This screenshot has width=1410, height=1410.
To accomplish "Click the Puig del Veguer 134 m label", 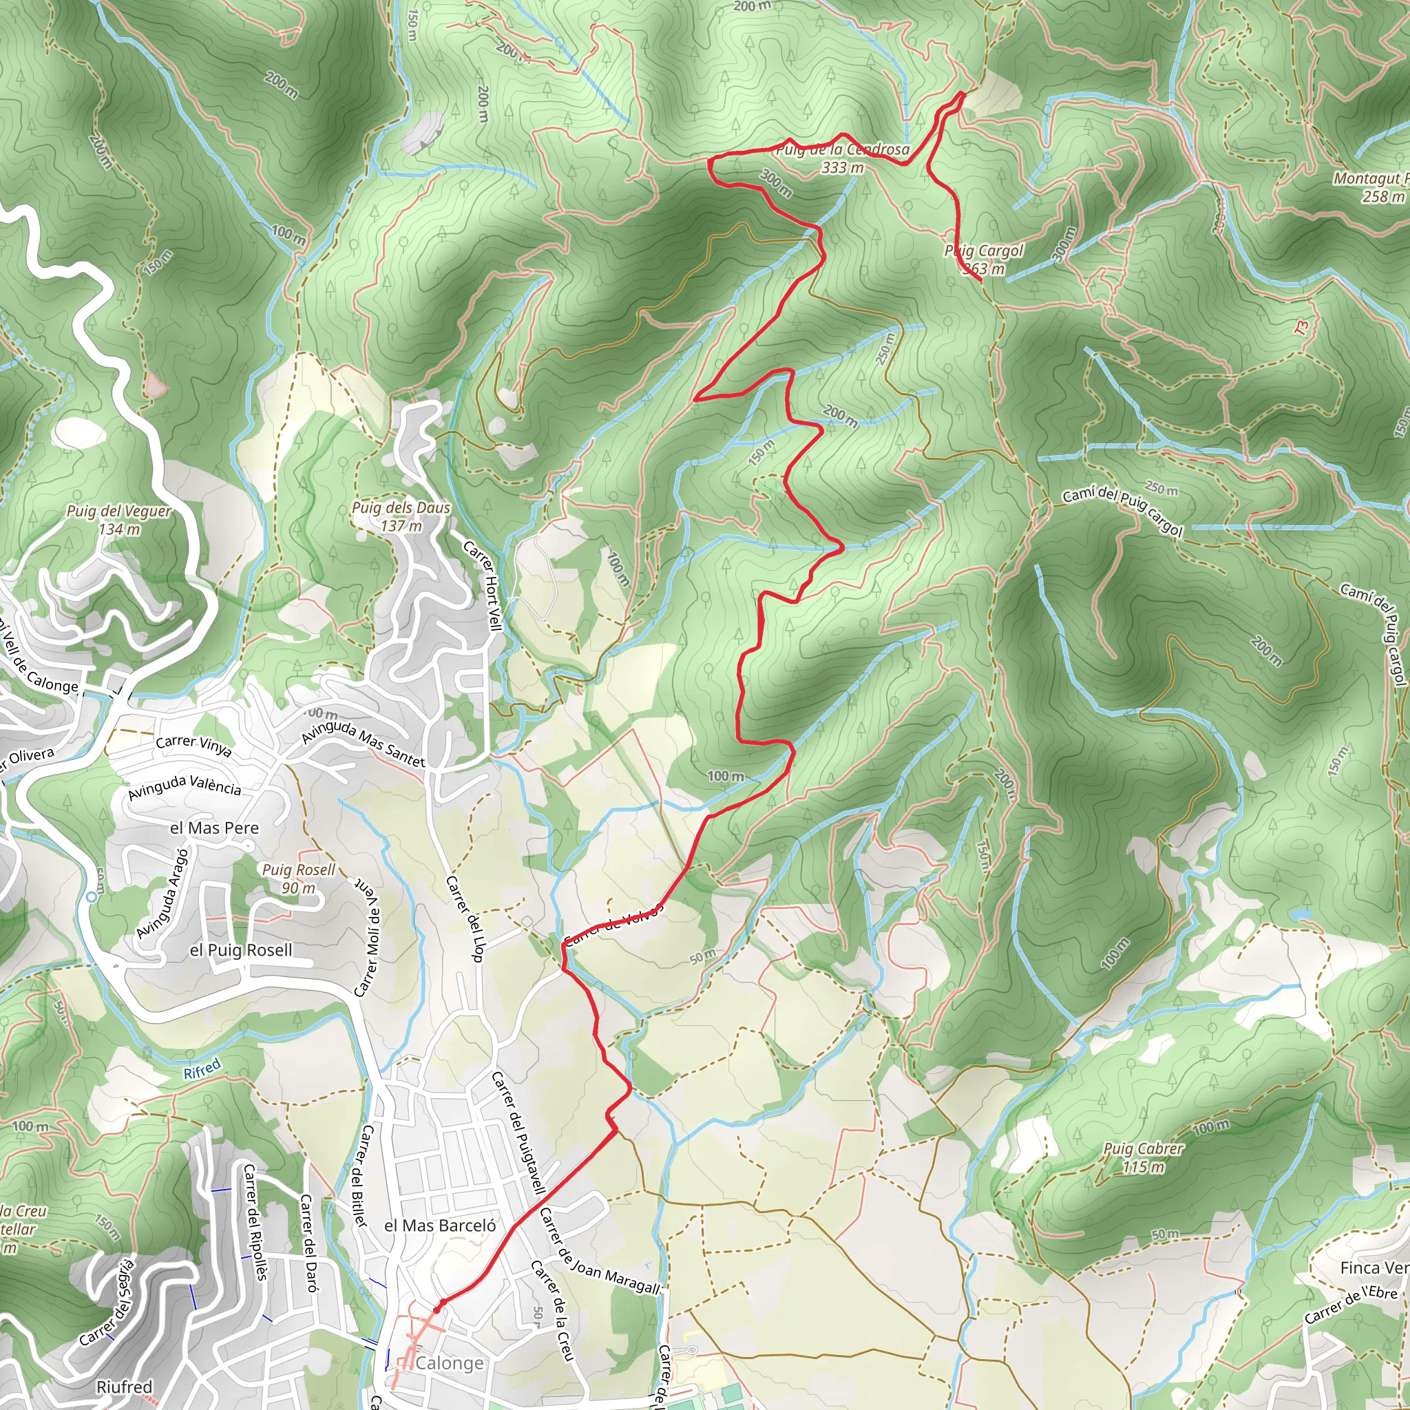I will [x=118, y=520].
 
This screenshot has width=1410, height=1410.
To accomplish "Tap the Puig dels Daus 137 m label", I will [x=401, y=516].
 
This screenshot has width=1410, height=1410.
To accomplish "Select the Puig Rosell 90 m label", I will [x=299, y=878].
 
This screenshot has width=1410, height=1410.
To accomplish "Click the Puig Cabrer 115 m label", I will [x=1143, y=1157].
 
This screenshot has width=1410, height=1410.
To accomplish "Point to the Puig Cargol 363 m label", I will [x=984, y=260].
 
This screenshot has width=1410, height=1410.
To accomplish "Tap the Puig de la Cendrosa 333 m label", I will [x=842, y=158].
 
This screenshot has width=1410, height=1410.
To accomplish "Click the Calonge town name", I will [x=450, y=1363].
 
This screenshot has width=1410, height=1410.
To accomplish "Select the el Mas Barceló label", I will [x=440, y=1225].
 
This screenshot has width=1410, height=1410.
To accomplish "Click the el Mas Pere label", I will [x=214, y=828].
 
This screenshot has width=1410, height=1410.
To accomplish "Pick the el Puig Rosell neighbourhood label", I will [x=241, y=949].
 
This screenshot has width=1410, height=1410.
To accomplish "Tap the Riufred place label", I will [x=124, y=1387].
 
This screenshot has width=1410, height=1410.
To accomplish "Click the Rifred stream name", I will [x=202, y=1069].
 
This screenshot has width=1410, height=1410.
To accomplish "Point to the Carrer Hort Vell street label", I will [x=483, y=585].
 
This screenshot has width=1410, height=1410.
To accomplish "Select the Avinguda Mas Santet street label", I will [x=363, y=743].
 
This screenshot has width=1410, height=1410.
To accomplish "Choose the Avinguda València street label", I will [x=184, y=788].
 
